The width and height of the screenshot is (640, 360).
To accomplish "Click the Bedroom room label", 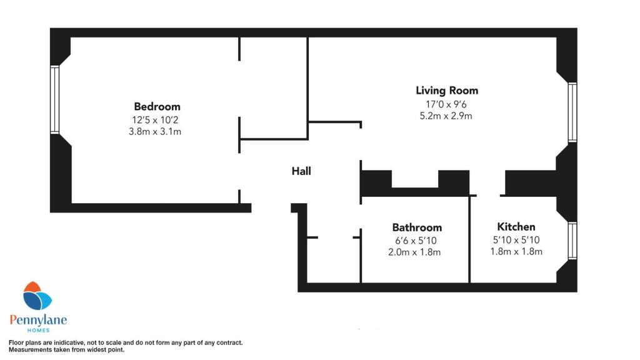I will coord(157,106).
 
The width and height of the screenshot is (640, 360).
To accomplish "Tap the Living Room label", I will coord(447,91).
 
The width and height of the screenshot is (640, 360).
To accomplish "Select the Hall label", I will coord(301,171).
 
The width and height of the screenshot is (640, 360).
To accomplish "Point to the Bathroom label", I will coord(417,227).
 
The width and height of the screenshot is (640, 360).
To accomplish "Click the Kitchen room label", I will coord(516,227).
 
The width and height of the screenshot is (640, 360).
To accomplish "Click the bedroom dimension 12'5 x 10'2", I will coord(157,119).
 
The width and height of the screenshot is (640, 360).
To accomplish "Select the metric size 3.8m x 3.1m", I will coord(157,132).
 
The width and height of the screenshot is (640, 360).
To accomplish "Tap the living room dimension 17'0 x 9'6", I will coord(447,104).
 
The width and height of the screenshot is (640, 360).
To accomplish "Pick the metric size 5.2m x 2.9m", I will coord(447,116).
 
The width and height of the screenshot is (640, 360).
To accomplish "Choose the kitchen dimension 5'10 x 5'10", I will coord(516,239).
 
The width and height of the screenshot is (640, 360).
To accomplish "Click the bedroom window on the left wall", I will coord(54,100).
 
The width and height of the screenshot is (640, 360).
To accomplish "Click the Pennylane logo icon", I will coord(37,296).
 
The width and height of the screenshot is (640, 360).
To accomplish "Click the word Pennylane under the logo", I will coord(38,320).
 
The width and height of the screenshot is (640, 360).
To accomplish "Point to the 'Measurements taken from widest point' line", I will coord(66,350).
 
